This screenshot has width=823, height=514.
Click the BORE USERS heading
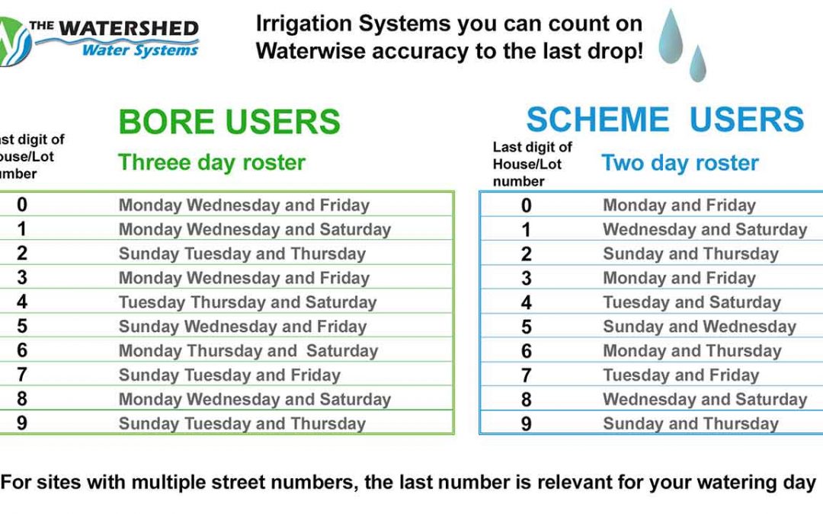pyautogui.click(x=229, y=122)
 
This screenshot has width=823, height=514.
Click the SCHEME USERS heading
pyautogui.click(x=665, y=120)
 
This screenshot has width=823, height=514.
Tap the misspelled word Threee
pyautogui.click(x=148, y=162)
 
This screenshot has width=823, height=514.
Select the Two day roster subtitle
pyautogui.click(x=680, y=163)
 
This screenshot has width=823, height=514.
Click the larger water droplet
pyautogui.click(x=671, y=37)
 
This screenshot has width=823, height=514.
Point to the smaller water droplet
pyautogui.click(x=697, y=63)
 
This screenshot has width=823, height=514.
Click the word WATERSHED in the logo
pyautogui.click(x=129, y=28)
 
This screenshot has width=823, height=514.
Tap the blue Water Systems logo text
pyautogui.click(x=140, y=49)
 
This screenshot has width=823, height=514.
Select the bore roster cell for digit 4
pyautogui.click(x=248, y=302)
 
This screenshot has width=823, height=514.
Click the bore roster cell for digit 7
pyautogui.click(x=229, y=375)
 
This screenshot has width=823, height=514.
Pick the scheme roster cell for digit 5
pyautogui.click(x=699, y=327)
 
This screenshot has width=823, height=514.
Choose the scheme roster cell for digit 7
pyautogui.click(x=680, y=375)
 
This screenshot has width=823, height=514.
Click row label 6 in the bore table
pyautogui.click(x=21, y=350)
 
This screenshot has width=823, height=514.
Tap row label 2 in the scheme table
pyautogui.click(x=527, y=254)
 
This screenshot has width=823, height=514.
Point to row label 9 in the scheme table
pyautogui.click(x=527, y=424)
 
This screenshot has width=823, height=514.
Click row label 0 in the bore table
pyautogui.click(x=21, y=205)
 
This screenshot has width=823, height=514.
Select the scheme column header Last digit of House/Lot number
pyautogui.click(x=532, y=164)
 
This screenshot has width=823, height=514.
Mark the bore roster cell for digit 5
pyautogui.click(x=242, y=326)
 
